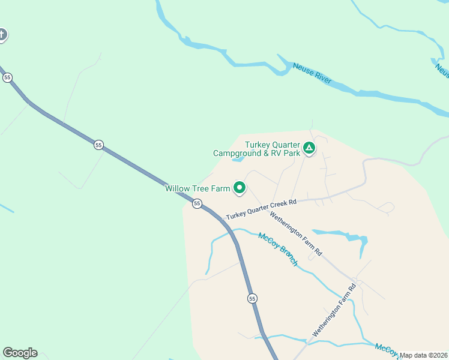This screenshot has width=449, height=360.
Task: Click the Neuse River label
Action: coord(312,73)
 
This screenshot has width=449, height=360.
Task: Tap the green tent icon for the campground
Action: coord(309,148)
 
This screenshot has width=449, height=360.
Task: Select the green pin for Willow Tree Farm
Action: coord(240,188)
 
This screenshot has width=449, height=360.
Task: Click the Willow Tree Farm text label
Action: coord(197,188)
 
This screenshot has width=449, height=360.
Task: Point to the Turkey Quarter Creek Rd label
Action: coord(262,209)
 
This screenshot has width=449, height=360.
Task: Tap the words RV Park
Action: coord(283,153)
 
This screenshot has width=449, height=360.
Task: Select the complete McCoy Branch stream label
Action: coord(278,250)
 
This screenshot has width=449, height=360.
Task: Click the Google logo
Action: coord(20,353)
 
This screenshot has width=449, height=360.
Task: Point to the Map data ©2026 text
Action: coord(423,355)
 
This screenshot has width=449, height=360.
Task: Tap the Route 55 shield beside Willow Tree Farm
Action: coord(196,204)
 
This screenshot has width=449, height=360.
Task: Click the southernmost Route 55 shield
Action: coord(252,298)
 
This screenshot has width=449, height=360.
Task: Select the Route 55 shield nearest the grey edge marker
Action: coord(7,78)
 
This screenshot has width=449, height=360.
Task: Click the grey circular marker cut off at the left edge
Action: coord(2,35)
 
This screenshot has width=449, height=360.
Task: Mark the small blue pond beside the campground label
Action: coord(238,160)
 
